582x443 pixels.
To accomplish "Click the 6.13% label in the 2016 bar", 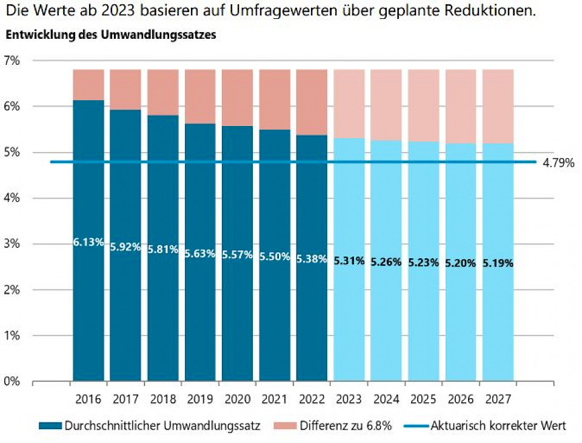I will pos(89,242).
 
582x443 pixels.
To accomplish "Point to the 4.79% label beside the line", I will pos(558,162).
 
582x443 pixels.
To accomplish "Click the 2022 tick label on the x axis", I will pos(312,399).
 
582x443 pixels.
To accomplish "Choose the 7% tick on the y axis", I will pos(12,61).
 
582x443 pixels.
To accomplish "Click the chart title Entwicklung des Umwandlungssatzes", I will pos(111,35).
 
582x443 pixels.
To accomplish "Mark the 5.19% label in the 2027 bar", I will pos(498,264).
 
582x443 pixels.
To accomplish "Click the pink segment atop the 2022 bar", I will pos(312,102).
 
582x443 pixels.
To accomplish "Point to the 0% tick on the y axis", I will pos(12,381).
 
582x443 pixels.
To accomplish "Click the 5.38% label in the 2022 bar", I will pos(312,259).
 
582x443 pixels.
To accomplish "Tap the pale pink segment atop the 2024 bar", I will pos(386,104).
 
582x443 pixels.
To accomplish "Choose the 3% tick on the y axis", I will pos(12,244).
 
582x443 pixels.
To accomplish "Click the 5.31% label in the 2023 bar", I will pos(349,261).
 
